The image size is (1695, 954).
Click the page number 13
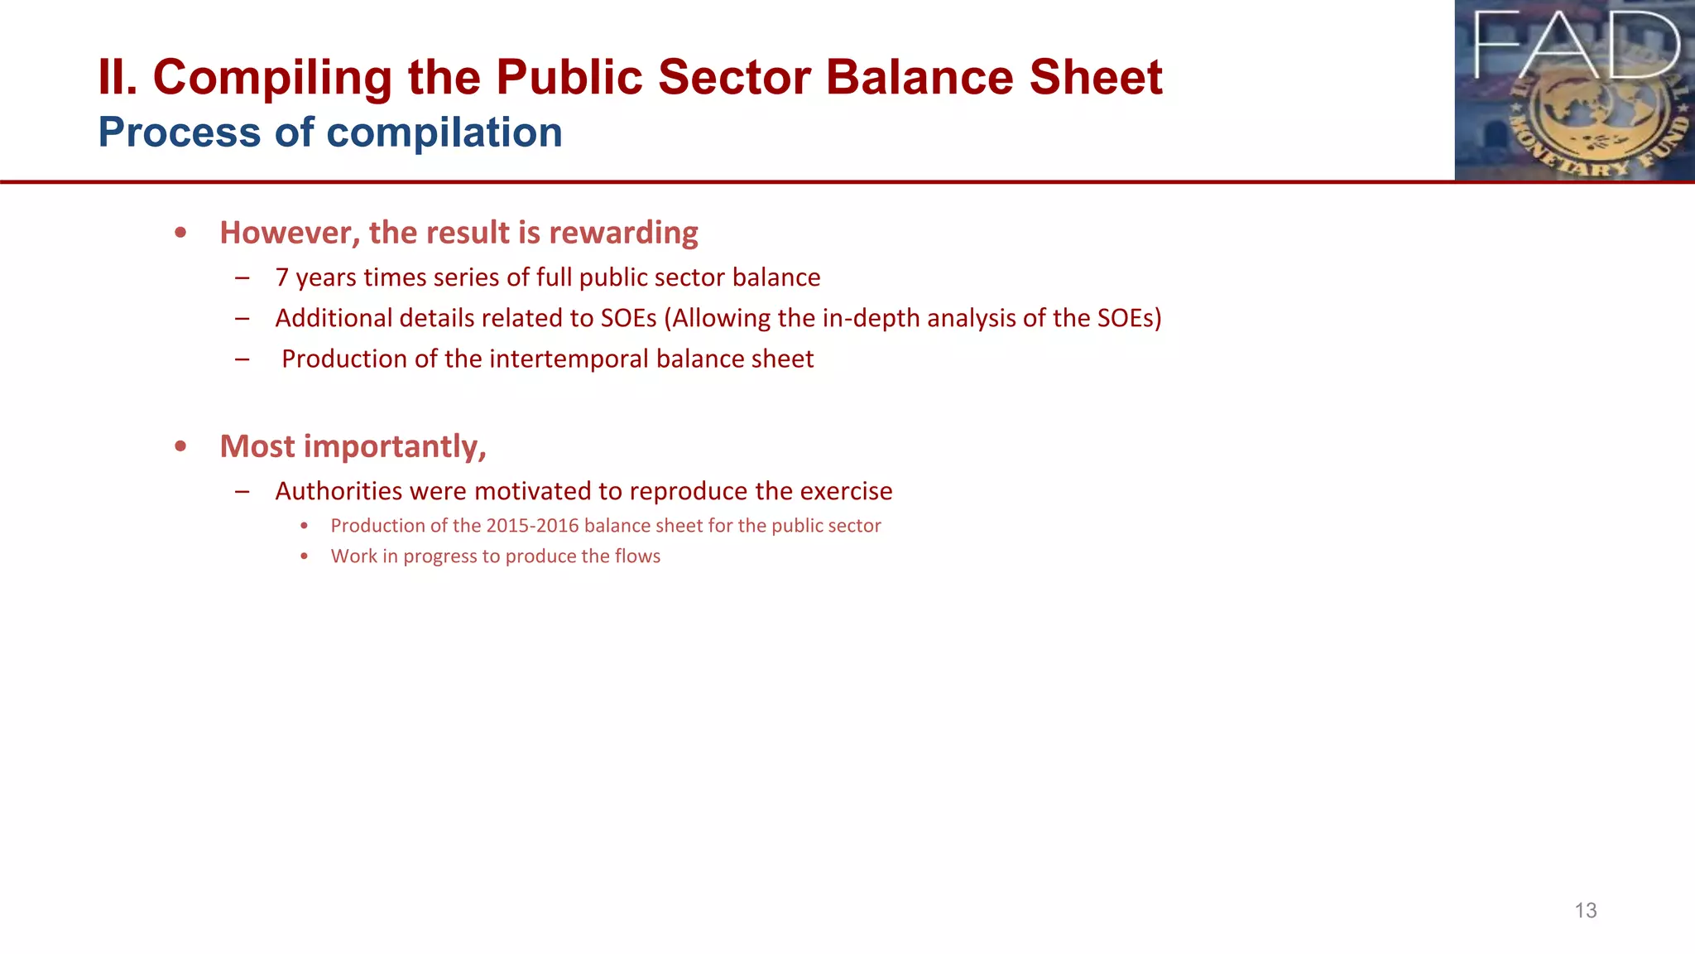coord(1585,911)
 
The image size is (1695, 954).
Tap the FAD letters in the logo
coord(1576,46)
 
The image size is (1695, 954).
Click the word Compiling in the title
coord(272,78)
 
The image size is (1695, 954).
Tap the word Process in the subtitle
coord(179,132)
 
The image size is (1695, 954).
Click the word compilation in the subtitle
coord(444,132)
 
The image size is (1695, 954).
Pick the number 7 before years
coord(282,277)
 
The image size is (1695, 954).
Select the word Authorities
coord(339,491)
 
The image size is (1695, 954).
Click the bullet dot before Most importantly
coord(180,446)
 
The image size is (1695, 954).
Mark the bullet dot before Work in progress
coord(305,556)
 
